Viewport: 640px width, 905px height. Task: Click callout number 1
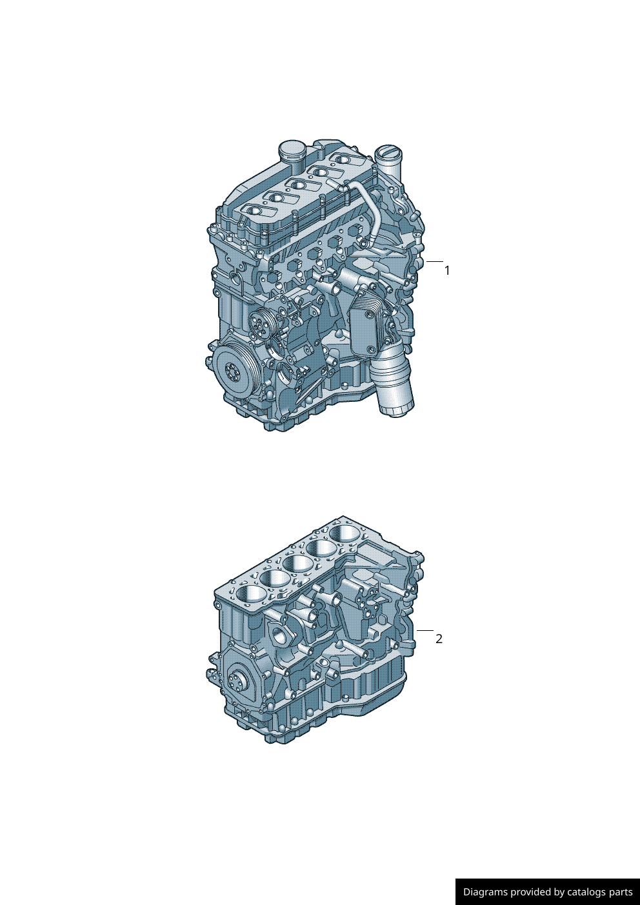447,271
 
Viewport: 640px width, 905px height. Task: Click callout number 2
439,639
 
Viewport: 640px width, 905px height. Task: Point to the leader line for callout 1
435,261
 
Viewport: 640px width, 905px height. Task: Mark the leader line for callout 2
425,630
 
